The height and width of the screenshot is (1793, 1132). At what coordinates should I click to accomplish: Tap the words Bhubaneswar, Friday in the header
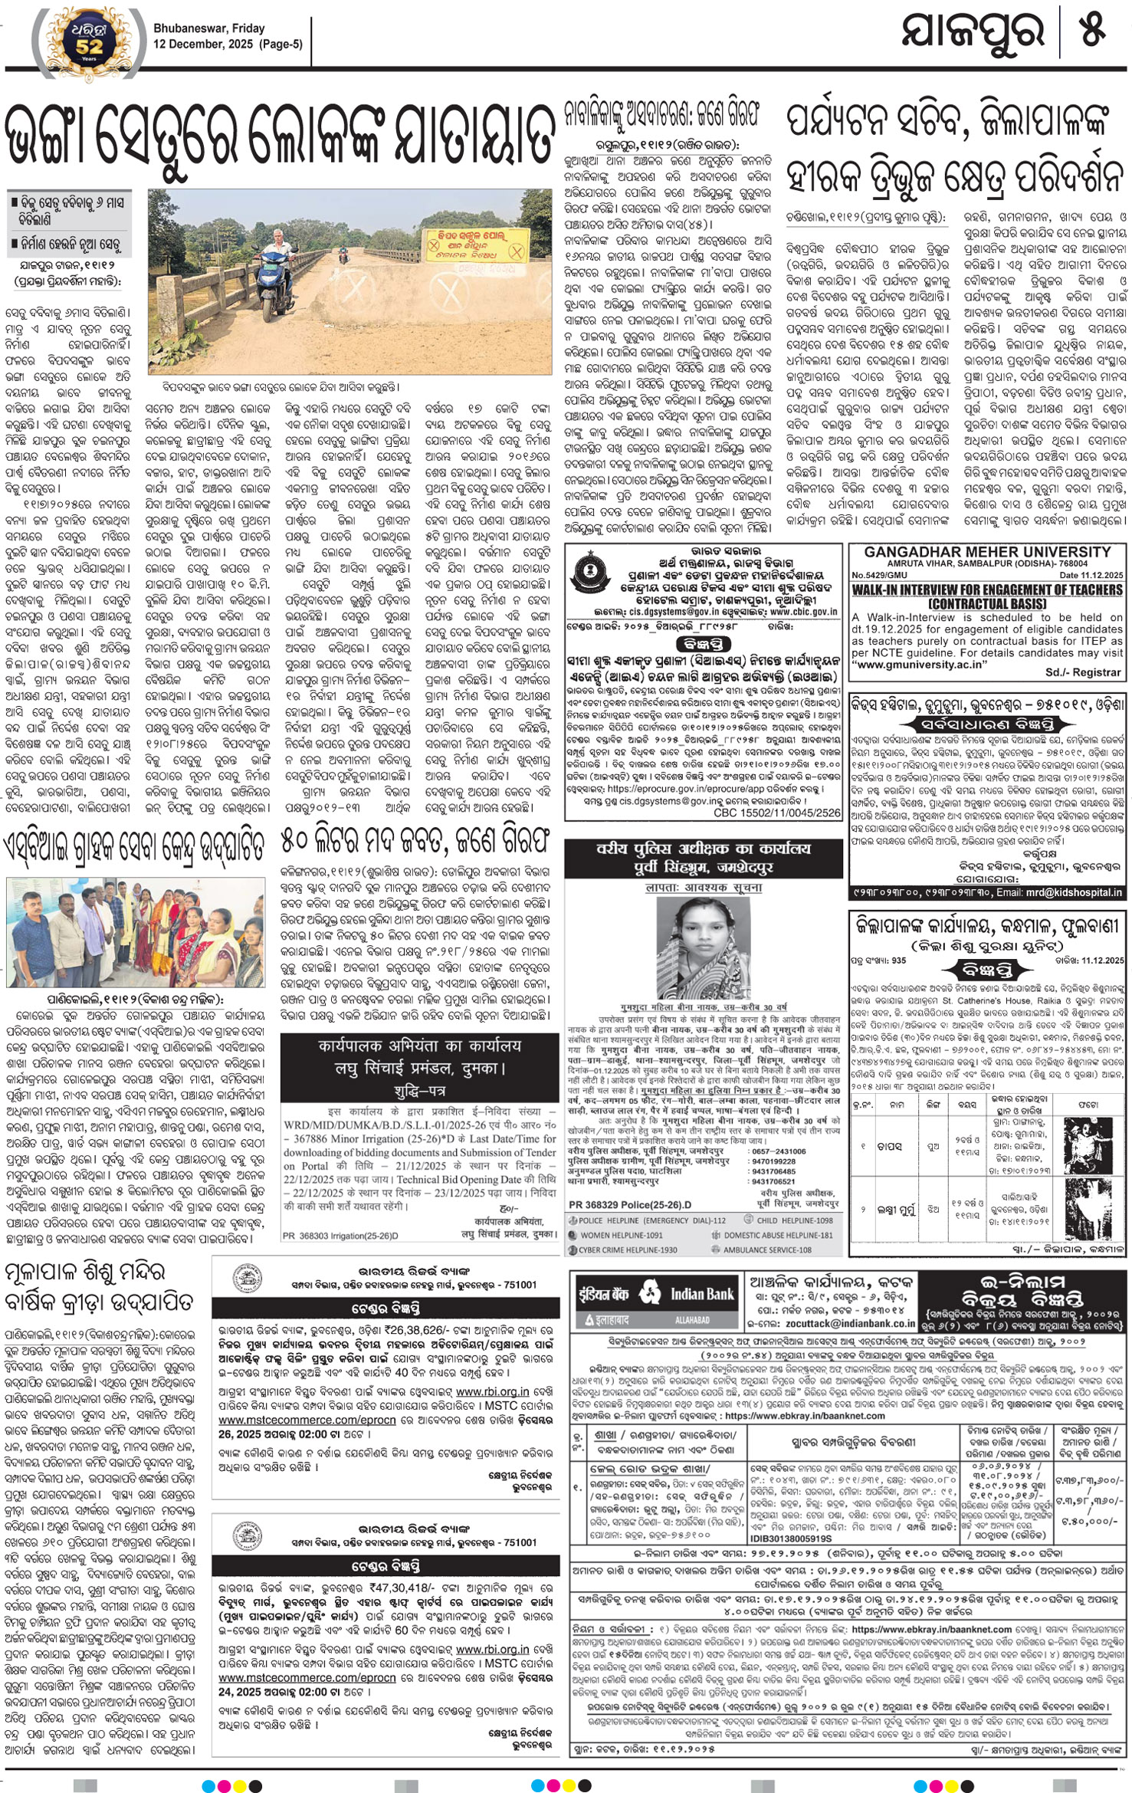pyautogui.click(x=208, y=28)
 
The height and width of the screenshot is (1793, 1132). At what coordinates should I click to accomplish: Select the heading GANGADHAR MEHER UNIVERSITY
pyautogui.click(x=987, y=552)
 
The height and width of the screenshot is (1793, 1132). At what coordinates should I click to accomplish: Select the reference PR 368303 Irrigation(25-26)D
pyautogui.click(x=340, y=1236)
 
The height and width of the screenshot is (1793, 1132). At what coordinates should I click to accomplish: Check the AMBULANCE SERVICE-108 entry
pyautogui.click(x=766, y=1250)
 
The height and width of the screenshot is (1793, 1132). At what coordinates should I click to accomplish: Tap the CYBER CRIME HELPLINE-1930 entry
pyautogui.click(x=628, y=1250)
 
